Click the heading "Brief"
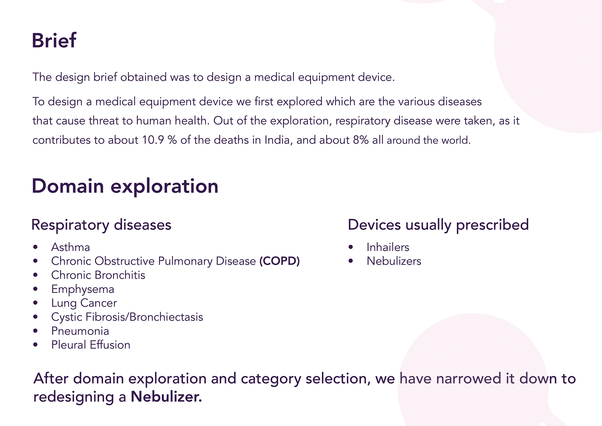(x=54, y=40)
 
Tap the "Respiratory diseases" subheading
(x=101, y=225)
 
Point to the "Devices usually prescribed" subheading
(x=438, y=225)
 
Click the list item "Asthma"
(x=71, y=247)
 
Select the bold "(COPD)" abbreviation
(x=279, y=261)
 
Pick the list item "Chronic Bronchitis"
(x=98, y=275)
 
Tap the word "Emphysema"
(x=83, y=289)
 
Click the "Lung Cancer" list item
(x=84, y=303)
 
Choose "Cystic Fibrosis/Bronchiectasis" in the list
(x=127, y=317)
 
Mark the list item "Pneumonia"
(x=80, y=331)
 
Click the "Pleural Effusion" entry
(x=91, y=345)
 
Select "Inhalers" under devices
(x=388, y=247)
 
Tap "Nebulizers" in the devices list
(x=394, y=261)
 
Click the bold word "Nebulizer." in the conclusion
(x=166, y=397)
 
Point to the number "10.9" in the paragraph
(x=153, y=140)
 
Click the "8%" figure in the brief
(x=361, y=140)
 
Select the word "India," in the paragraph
(x=278, y=140)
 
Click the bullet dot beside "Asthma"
(x=35, y=247)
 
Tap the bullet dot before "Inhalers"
(x=351, y=247)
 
